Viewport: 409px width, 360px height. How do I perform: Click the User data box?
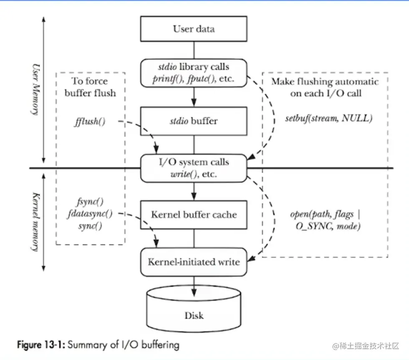[194, 29]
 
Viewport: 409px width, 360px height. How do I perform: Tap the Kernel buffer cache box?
[194, 215]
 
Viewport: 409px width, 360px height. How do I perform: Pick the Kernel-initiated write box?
[194, 262]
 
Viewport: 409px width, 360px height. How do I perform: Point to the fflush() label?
[90, 122]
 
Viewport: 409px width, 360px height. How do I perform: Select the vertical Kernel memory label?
[36, 221]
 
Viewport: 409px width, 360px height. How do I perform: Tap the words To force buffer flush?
[90, 87]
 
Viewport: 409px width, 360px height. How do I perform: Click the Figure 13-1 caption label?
[40, 345]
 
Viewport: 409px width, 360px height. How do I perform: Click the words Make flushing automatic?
[325, 81]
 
